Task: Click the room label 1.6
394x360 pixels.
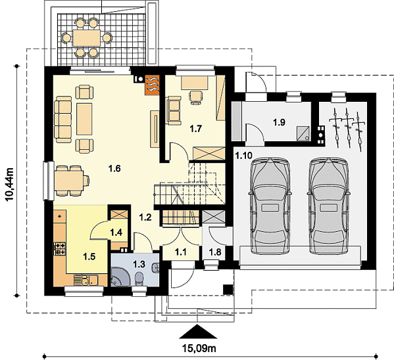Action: (x=114, y=168)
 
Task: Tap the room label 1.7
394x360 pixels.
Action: (x=196, y=129)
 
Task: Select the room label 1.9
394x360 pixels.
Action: (x=279, y=122)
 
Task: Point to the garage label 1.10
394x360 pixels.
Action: (x=243, y=156)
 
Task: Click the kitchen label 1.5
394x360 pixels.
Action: (x=89, y=256)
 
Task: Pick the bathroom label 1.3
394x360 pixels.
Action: (x=139, y=264)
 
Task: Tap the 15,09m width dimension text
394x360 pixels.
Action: (x=199, y=348)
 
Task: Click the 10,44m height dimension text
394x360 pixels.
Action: (x=10, y=185)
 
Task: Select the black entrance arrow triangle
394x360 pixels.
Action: (x=198, y=332)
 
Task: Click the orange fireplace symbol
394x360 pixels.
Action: (x=153, y=85)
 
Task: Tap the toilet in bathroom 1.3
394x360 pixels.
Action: (x=139, y=279)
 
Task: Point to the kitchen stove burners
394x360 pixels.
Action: (x=60, y=248)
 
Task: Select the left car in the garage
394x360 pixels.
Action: (x=270, y=206)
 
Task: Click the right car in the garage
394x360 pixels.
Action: (x=328, y=206)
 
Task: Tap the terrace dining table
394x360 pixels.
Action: (x=87, y=38)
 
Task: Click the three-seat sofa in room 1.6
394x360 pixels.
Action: (x=63, y=120)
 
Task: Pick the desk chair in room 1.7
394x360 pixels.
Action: (x=196, y=97)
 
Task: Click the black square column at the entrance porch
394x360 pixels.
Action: (x=228, y=290)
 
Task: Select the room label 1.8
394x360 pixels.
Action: (x=215, y=252)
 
